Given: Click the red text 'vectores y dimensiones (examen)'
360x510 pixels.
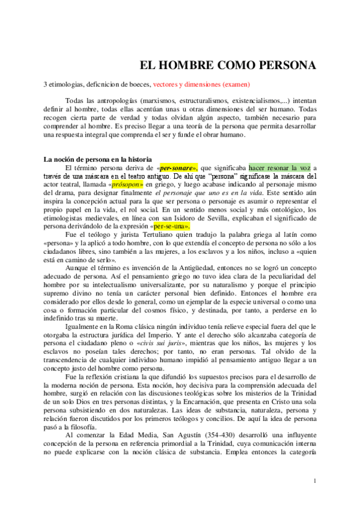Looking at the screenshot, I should (201, 84).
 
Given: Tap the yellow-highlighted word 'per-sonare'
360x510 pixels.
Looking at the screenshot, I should (178, 167).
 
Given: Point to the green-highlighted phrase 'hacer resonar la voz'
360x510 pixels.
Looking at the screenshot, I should (278, 167).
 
